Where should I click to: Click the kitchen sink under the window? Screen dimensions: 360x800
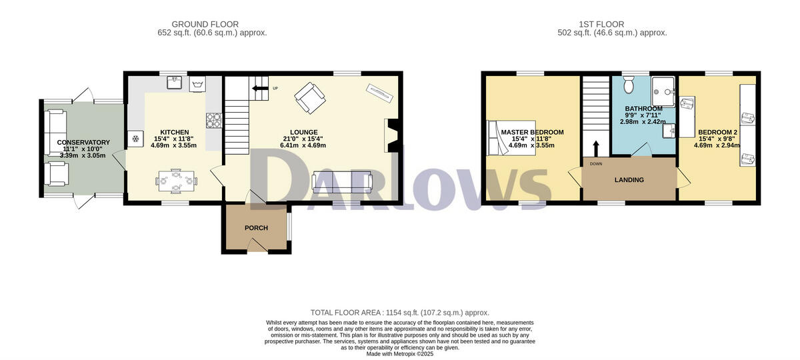tap(175, 83)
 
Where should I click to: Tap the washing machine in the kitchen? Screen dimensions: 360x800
tap(198, 84)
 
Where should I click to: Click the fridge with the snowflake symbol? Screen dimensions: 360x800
tap(135, 139)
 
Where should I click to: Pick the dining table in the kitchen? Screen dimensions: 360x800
tap(177, 180)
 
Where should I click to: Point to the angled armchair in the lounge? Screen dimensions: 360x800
tap(310, 98)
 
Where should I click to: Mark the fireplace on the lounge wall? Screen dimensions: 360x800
tap(391, 135)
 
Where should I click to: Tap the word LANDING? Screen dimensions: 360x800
tap(629, 180)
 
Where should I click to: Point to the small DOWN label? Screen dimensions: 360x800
tap(596, 163)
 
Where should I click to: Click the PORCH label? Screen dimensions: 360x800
tap(256, 228)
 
